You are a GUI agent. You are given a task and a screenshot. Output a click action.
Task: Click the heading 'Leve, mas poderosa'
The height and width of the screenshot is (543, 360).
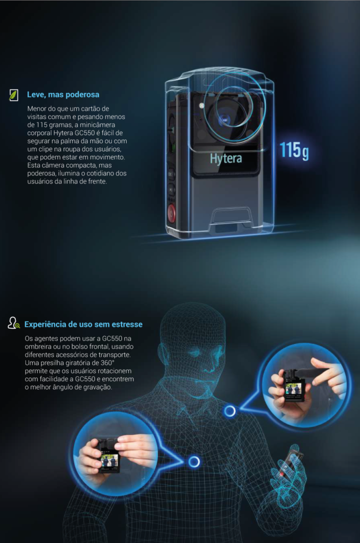point(63,94)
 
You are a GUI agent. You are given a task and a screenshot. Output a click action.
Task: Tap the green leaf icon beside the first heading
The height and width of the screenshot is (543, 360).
point(13,95)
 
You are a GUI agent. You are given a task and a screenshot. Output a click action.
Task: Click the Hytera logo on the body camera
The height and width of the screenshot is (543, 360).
point(226,158)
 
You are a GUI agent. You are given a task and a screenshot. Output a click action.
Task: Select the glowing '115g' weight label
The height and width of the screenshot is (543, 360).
point(294,150)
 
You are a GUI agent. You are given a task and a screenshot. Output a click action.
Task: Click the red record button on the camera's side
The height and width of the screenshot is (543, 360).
point(171,212)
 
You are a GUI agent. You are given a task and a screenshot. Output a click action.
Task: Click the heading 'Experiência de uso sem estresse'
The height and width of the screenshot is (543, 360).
point(83,325)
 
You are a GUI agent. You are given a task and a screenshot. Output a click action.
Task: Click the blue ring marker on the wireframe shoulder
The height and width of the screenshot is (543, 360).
point(230,411)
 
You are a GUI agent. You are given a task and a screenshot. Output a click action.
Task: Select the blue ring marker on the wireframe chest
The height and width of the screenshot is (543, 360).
point(194,461)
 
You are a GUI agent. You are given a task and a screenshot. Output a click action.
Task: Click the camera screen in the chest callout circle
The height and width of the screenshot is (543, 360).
point(109,460)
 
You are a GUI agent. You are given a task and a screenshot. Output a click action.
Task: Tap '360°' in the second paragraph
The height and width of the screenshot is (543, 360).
point(107,363)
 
